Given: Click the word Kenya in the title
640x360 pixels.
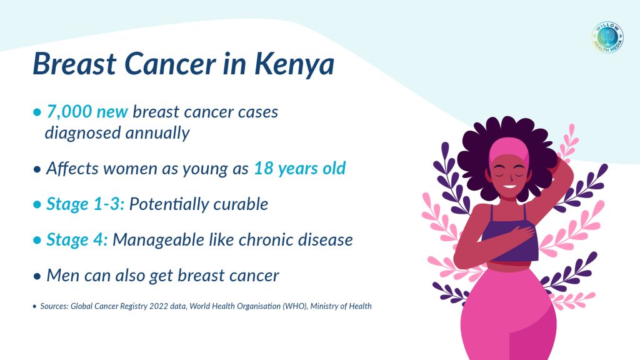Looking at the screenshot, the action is coord(294,65).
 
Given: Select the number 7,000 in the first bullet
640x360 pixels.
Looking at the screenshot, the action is coord(69,111).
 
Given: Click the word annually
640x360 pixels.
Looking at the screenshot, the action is coord(157,133).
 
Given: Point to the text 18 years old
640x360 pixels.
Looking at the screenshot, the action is coord(300,168).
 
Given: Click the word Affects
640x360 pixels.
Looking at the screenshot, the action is coord(72,167).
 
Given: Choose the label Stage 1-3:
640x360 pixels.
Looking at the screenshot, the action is coord(85,204).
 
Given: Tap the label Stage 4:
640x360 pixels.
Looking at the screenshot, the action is coord(77,239).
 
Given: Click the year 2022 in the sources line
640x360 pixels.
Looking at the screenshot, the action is coord(158,306).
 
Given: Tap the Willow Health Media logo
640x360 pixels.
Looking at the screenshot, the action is coord(607,37).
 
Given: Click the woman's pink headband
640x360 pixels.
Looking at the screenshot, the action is coord(509,150).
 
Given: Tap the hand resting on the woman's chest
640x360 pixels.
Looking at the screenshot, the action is coord(521,234).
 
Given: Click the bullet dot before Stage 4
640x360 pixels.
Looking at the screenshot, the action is coord(37,240).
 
